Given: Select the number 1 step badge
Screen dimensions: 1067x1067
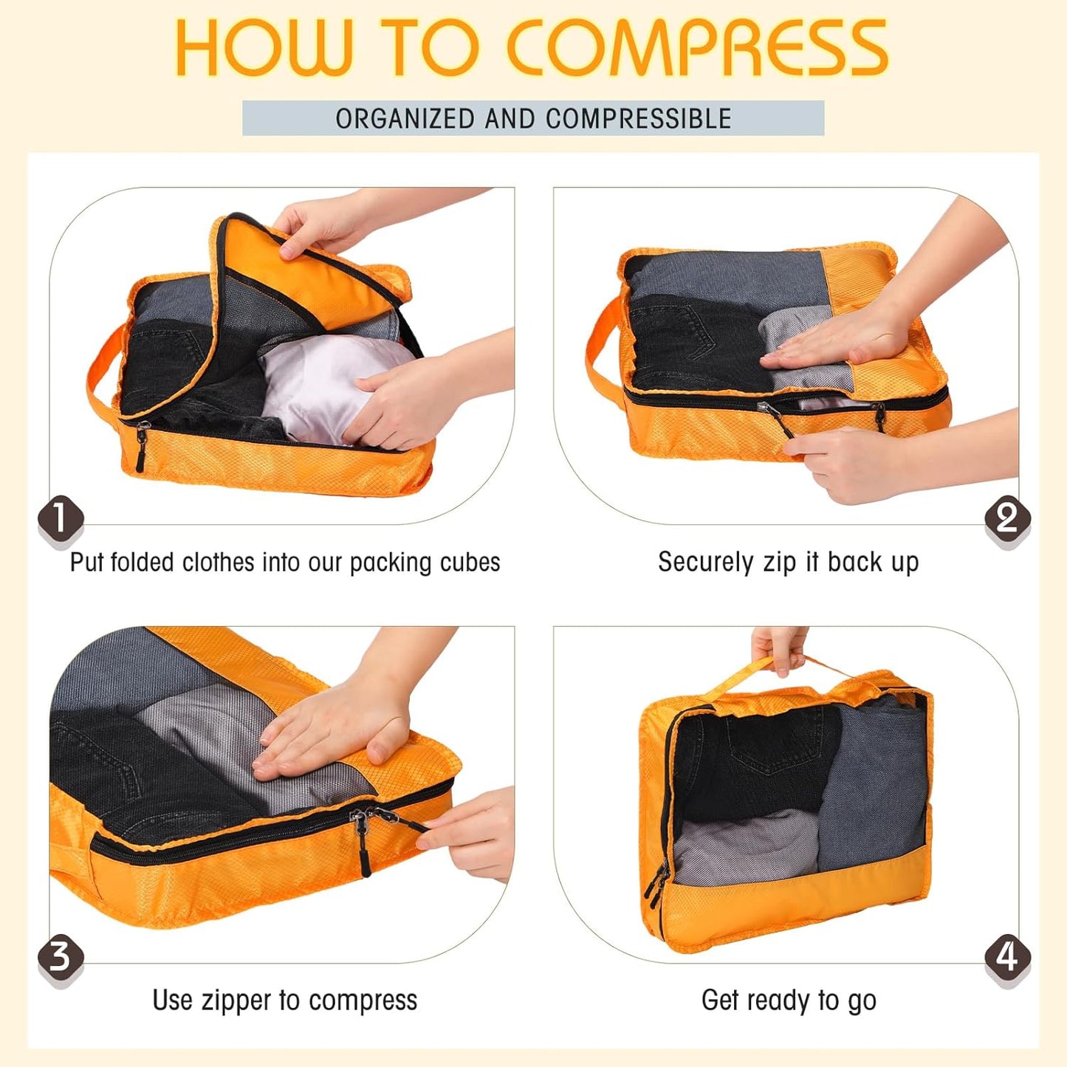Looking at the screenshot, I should click(60, 518).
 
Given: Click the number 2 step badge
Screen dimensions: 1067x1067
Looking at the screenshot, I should click(1006, 518).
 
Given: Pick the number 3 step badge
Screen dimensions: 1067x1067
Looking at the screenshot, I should click(60, 956).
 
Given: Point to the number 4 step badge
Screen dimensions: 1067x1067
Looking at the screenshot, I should click(1006, 957).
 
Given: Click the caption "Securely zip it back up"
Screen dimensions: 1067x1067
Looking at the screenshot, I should click(788, 563).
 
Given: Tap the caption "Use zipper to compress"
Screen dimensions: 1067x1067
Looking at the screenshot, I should click(284, 1001).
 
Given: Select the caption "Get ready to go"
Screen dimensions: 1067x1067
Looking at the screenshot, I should click(789, 1001).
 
